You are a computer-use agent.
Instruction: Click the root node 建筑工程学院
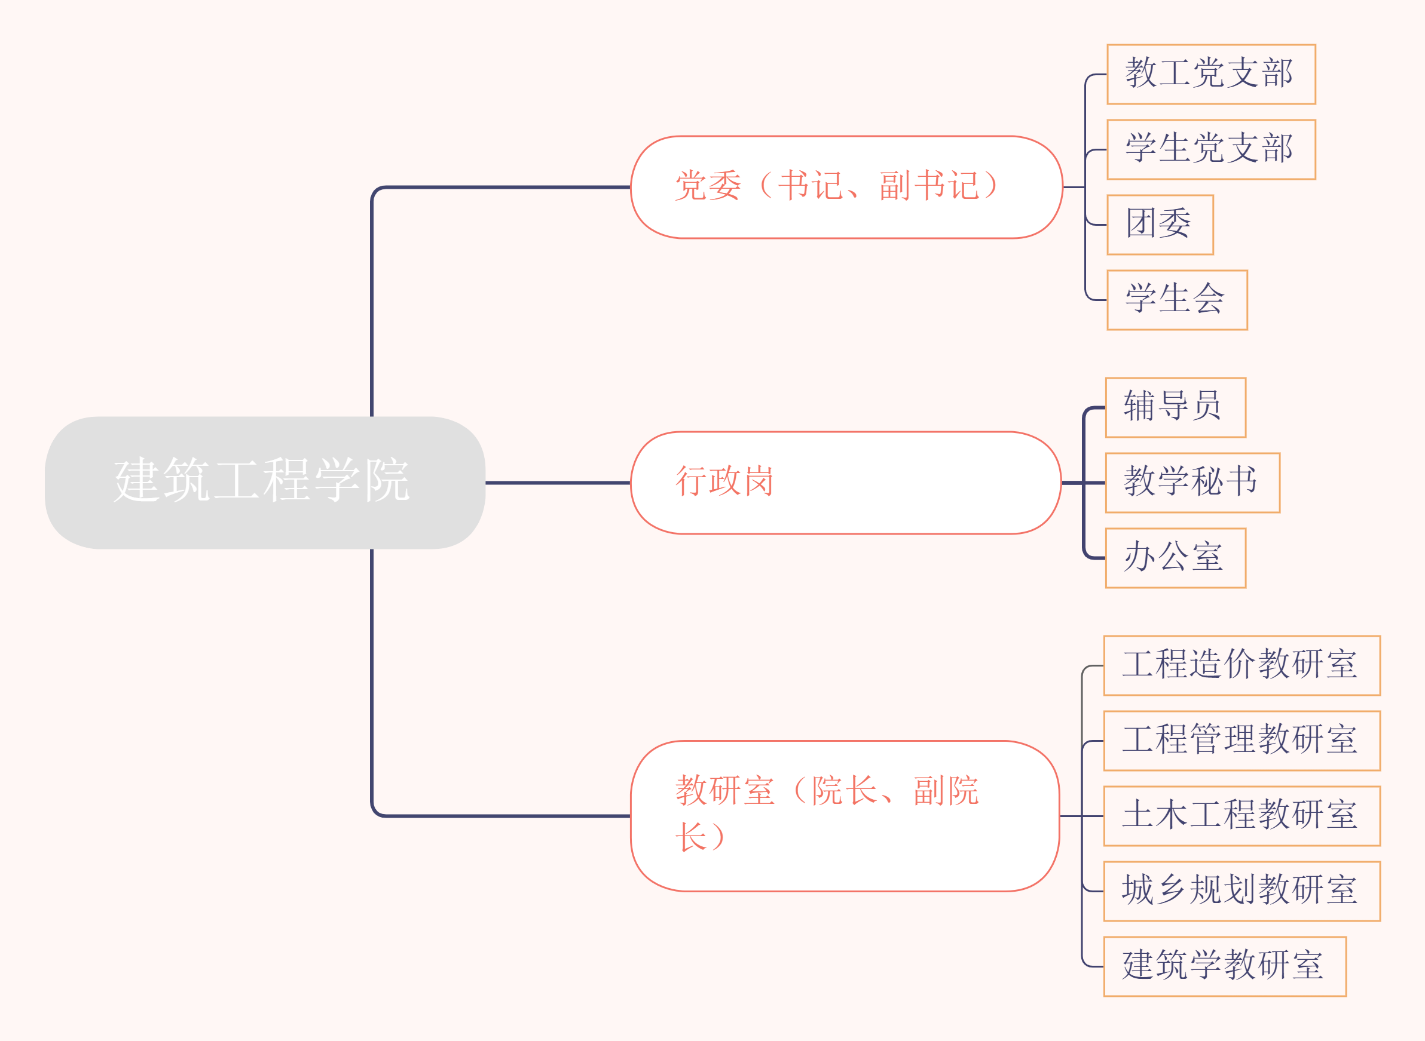coord(265,482)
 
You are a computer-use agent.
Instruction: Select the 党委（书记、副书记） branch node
coord(846,187)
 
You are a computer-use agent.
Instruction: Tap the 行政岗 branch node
coord(846,483)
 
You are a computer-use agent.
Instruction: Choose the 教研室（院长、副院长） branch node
coord(845,815)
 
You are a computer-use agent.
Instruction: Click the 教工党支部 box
coord(1210,74)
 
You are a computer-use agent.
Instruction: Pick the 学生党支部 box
coord(1210,149)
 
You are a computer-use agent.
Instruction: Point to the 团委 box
coord(1160,225)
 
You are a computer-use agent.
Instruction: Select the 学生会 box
coord(1176,300)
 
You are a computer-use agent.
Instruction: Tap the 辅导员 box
coord(1175,407)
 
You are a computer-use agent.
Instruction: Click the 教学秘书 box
coord(1192,483)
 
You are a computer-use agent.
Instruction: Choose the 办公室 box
coord(1175,558)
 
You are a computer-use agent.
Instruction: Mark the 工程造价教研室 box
coord(1241,665)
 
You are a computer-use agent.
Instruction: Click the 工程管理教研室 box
coord(1241,741)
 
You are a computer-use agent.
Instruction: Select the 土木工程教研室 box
coord(1241,816)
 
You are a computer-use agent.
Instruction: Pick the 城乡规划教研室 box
coord(1241,891)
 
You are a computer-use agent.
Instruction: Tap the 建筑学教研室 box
coord(1225,966)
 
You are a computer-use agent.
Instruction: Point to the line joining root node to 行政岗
coord(558,483)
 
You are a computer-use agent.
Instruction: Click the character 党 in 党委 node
coord(691,186)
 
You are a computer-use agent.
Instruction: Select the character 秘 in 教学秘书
coord(1207,481)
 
